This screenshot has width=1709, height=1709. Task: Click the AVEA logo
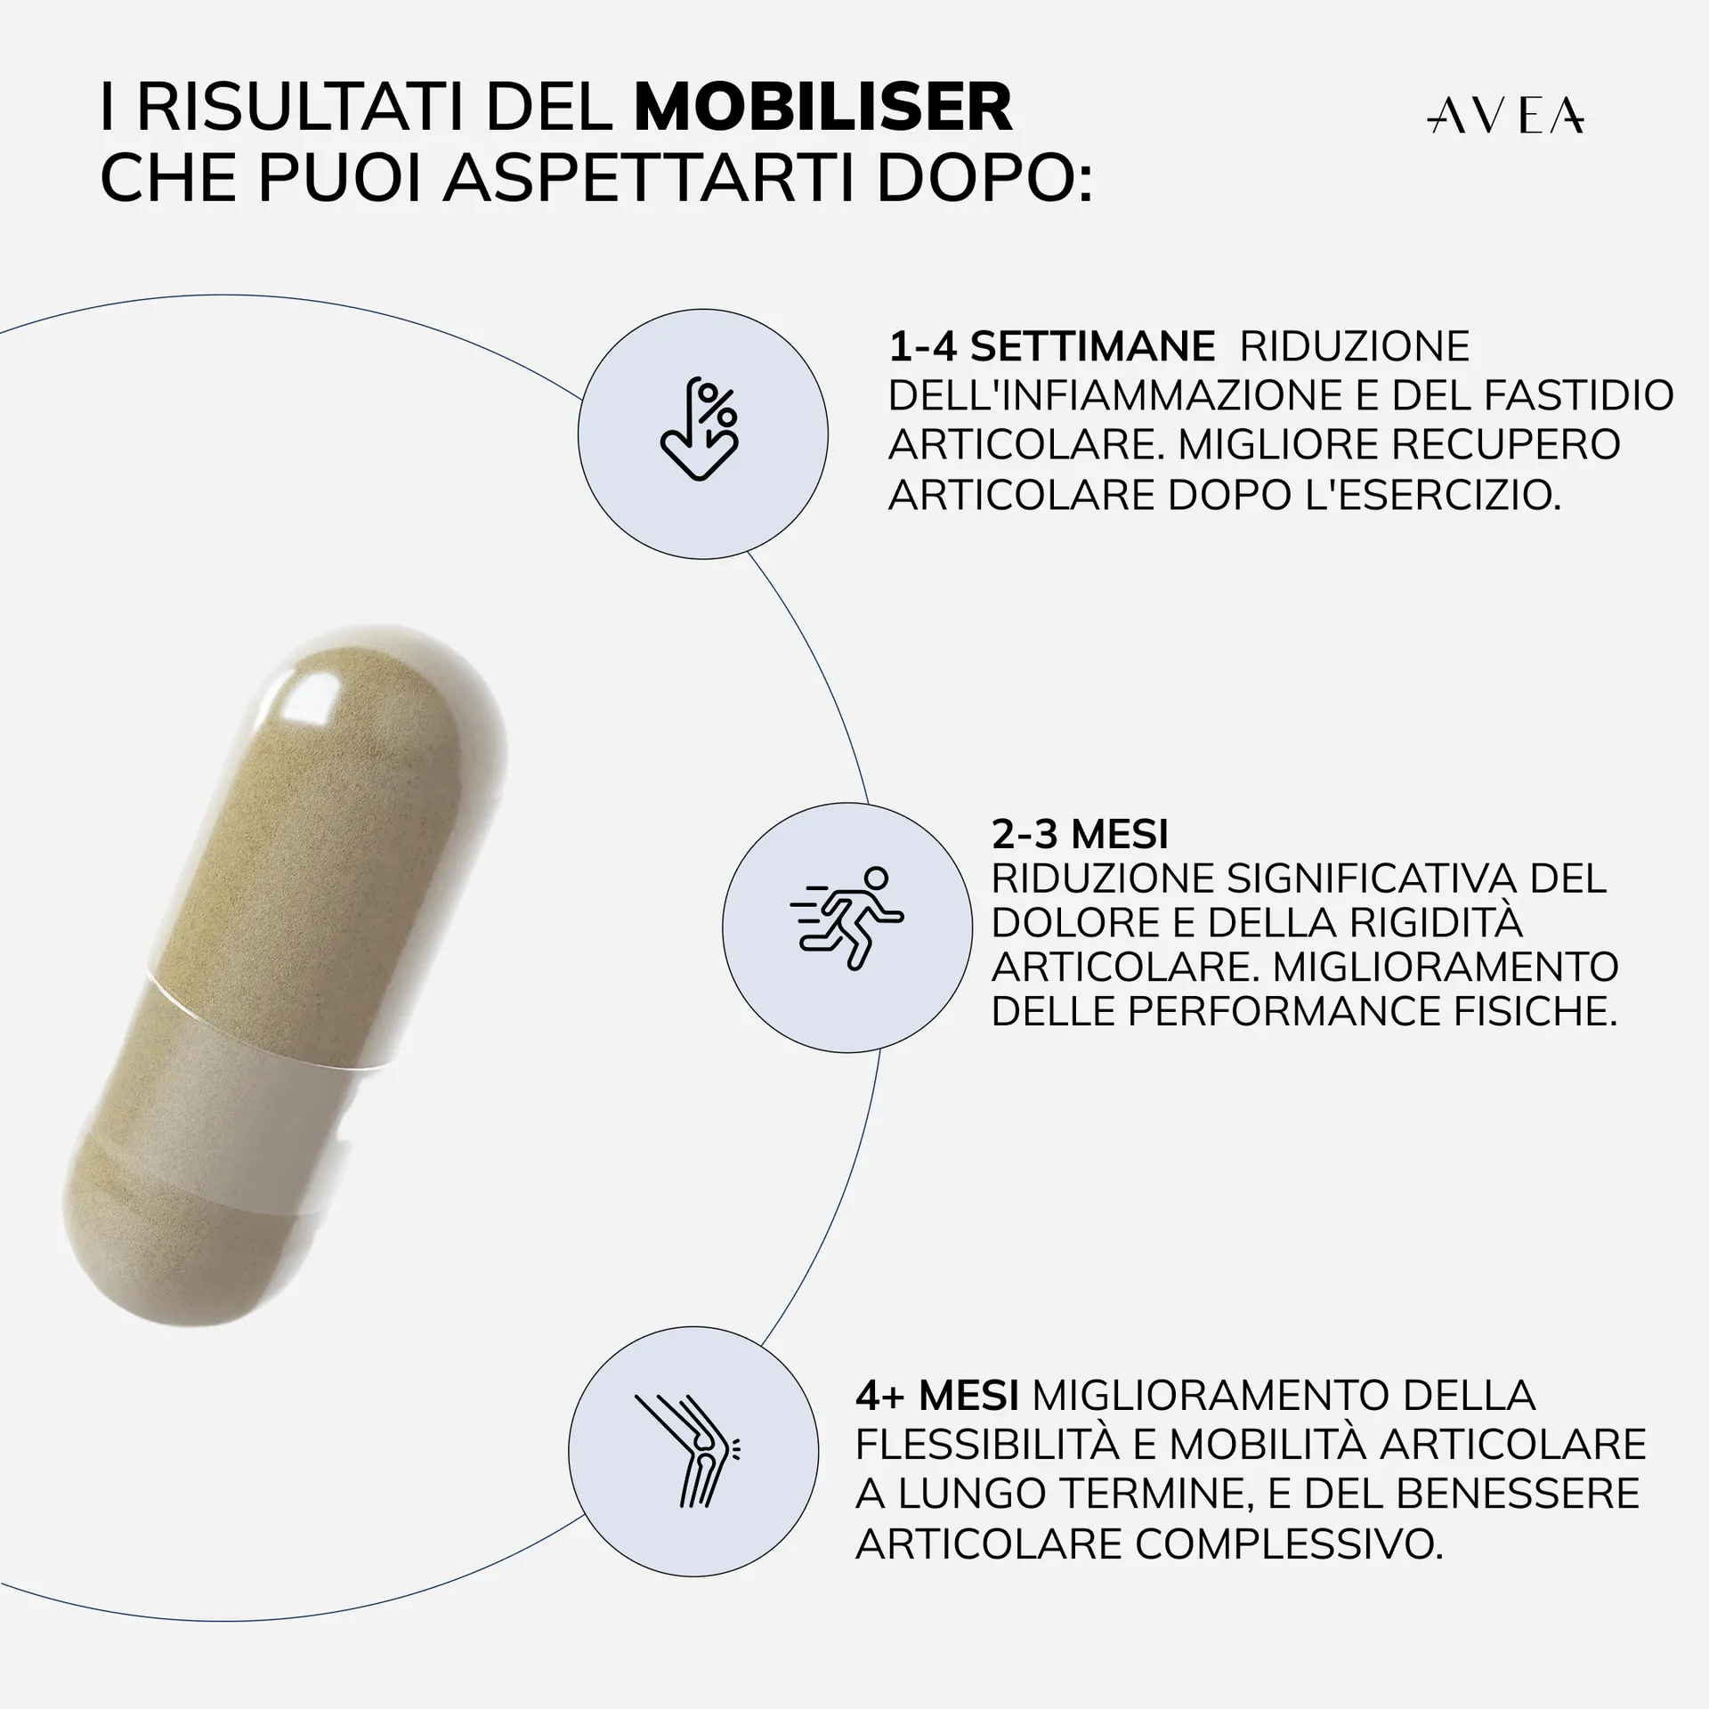1506,116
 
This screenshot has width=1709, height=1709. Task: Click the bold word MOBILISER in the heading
823,109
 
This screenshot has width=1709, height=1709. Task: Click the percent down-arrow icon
701,431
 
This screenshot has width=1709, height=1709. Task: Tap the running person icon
846,919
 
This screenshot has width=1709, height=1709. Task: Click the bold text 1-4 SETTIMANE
1051,346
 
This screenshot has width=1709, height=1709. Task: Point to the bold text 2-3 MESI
1080,835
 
